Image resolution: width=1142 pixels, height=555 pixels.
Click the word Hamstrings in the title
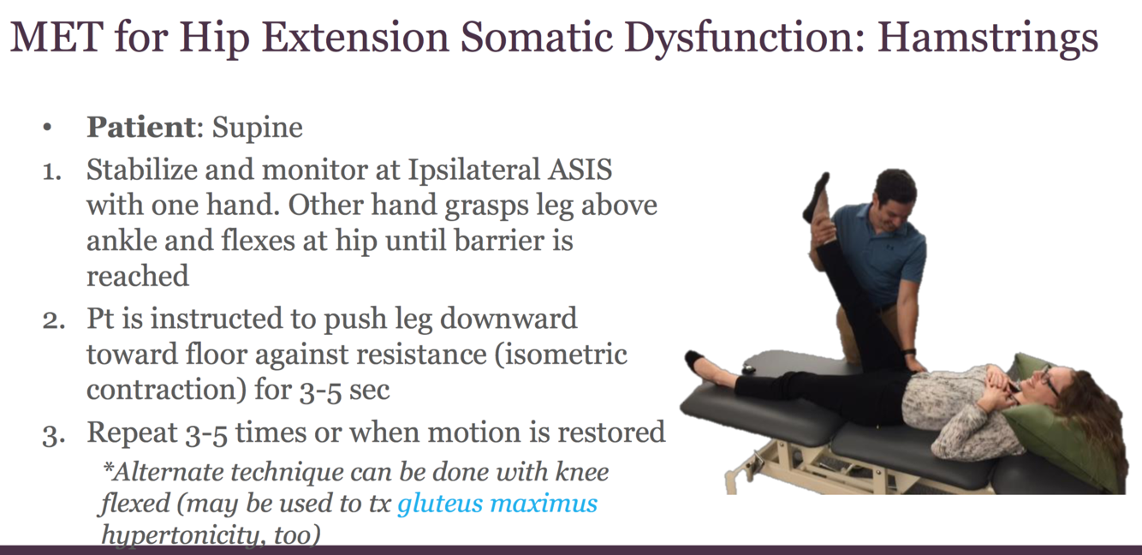(988, 39)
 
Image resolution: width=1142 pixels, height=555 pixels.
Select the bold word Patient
(141, 127)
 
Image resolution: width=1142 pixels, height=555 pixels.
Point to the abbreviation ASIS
(580, 169)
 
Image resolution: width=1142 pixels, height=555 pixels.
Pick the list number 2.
(54, 320)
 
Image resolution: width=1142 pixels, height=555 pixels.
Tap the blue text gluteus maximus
(497, 504)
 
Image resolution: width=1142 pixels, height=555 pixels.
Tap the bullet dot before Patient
(47, 128)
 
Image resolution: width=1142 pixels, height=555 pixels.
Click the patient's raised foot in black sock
(817, 196)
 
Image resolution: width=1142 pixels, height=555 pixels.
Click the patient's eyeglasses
(1045, 381)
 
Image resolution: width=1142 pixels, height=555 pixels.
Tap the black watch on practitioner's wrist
(908, 352)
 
